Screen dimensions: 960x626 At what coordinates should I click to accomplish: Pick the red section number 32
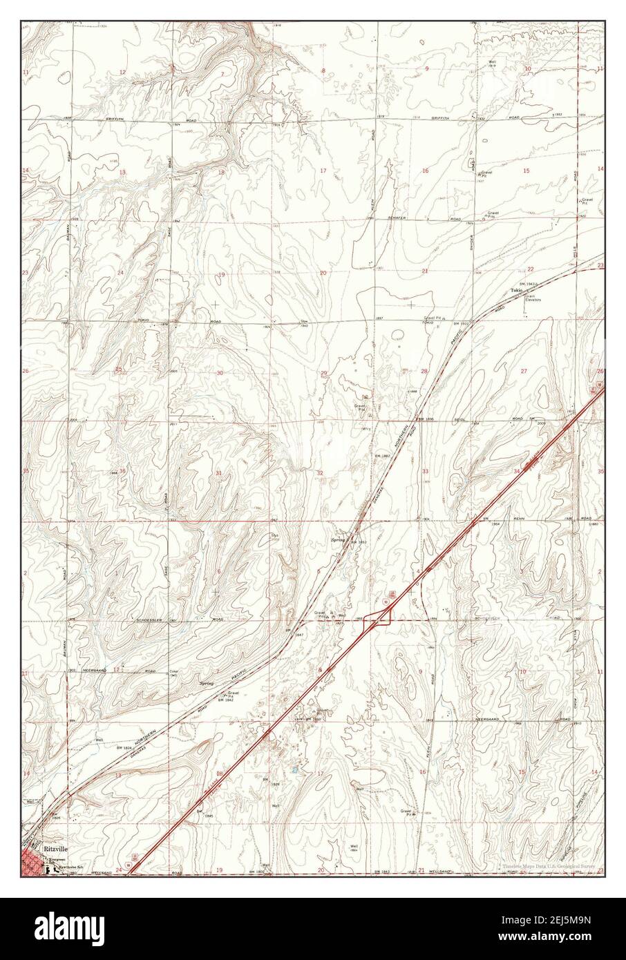(x=320, y=473)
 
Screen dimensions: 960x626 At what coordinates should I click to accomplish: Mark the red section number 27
(x=524, y=372)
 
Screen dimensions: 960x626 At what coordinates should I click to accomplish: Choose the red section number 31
(x=219, y=473)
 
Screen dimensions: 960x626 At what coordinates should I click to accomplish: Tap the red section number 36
(x=122, y=471)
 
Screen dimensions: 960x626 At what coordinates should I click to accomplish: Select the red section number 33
(x=425, y=471)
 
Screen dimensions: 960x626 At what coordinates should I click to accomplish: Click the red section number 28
(x=424, y=372)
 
